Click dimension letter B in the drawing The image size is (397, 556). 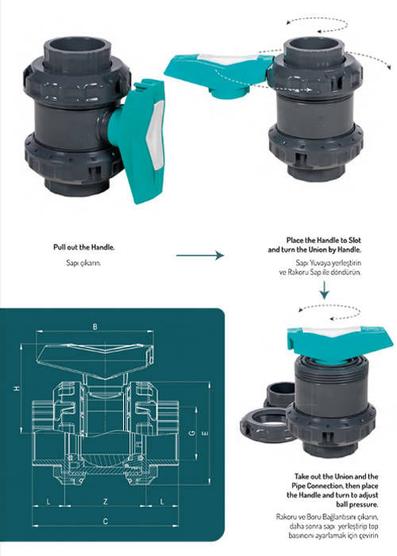[94, 326]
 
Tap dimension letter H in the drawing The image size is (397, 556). [17, 388]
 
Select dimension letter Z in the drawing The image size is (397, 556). [106, 502]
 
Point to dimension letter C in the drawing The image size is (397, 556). [106, 521]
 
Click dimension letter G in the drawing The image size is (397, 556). [192, 433]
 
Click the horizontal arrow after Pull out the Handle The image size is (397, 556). [200, 255]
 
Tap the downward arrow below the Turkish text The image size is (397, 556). [324, 290]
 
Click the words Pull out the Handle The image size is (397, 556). [84, 247]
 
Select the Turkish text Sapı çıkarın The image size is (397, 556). [83, 263]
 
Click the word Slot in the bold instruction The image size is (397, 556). [354, 240]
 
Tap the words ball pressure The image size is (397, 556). [357, 504]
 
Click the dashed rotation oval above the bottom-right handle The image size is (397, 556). [330, 312]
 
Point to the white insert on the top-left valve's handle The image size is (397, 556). [156, 135]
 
